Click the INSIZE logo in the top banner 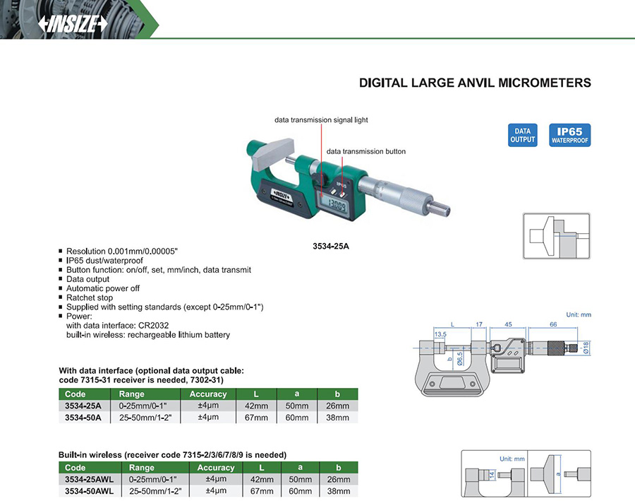point(73,24)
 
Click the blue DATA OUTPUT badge point(522,135)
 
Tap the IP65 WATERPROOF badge point(570,135)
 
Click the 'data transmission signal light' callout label point(321,120)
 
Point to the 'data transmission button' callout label point(366,151)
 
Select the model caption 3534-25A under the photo point(331,246)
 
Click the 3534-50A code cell point(83,418)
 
